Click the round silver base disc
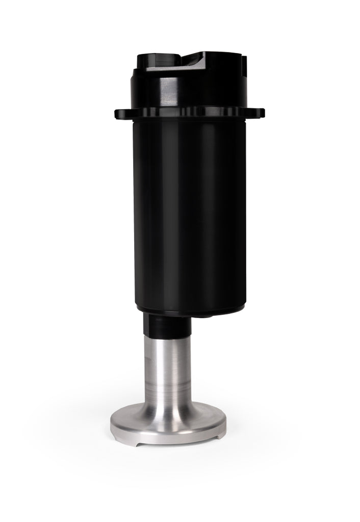[168, 418]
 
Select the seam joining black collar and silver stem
[166, 333]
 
